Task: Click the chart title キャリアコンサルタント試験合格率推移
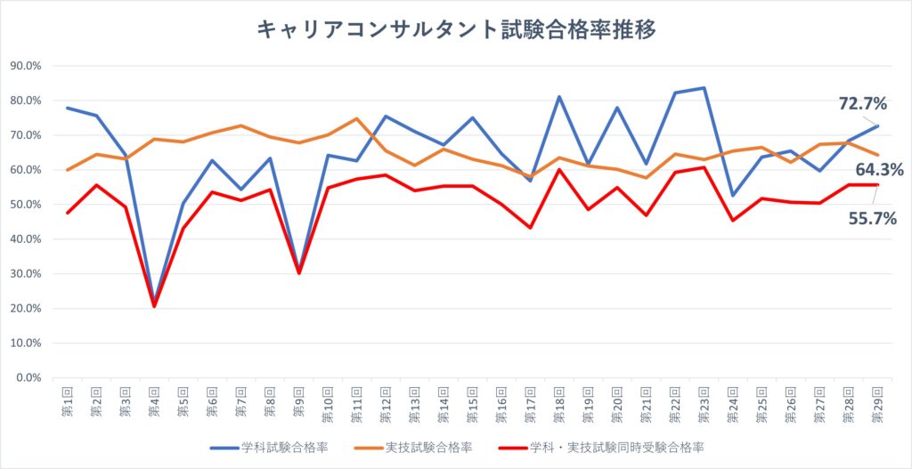(456, 29)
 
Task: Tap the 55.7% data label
(872, 219)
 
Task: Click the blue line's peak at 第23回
(704, 88)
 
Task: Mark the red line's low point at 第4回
(154, 306)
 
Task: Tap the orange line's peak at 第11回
(356, 118)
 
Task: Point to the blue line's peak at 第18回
(559, 97)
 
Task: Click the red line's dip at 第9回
(298, 272)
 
